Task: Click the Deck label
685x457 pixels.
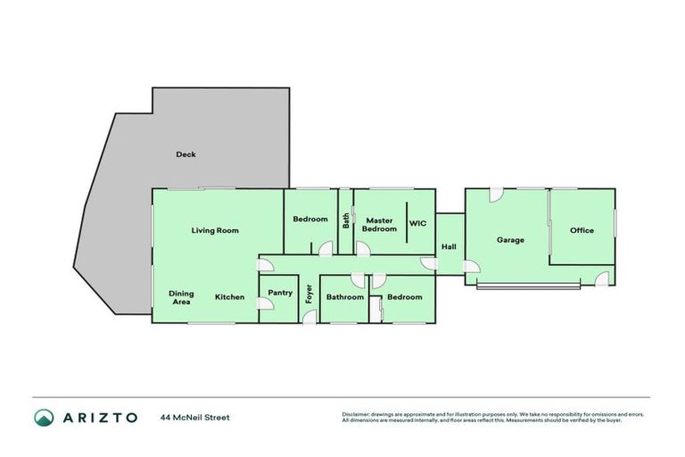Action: click(186, 154)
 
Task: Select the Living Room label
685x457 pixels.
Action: click(215, 230)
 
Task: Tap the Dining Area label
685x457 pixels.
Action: click(181, 297)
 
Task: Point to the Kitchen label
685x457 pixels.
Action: click(229, 297)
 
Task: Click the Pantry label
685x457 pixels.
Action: click(280, 292)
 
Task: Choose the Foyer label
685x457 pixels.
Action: click(309, 293)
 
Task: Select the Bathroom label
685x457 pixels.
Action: click(344, 297)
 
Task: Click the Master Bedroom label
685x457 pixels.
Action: click(380, 225)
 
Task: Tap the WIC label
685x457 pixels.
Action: click(418, 223)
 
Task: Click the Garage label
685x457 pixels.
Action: click(510, 239)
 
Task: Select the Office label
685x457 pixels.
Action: click(582, 230)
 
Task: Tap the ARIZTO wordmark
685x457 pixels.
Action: click(100, 417)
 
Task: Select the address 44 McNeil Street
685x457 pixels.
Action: click(195, 417)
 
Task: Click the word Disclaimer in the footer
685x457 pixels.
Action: click(355, 414)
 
